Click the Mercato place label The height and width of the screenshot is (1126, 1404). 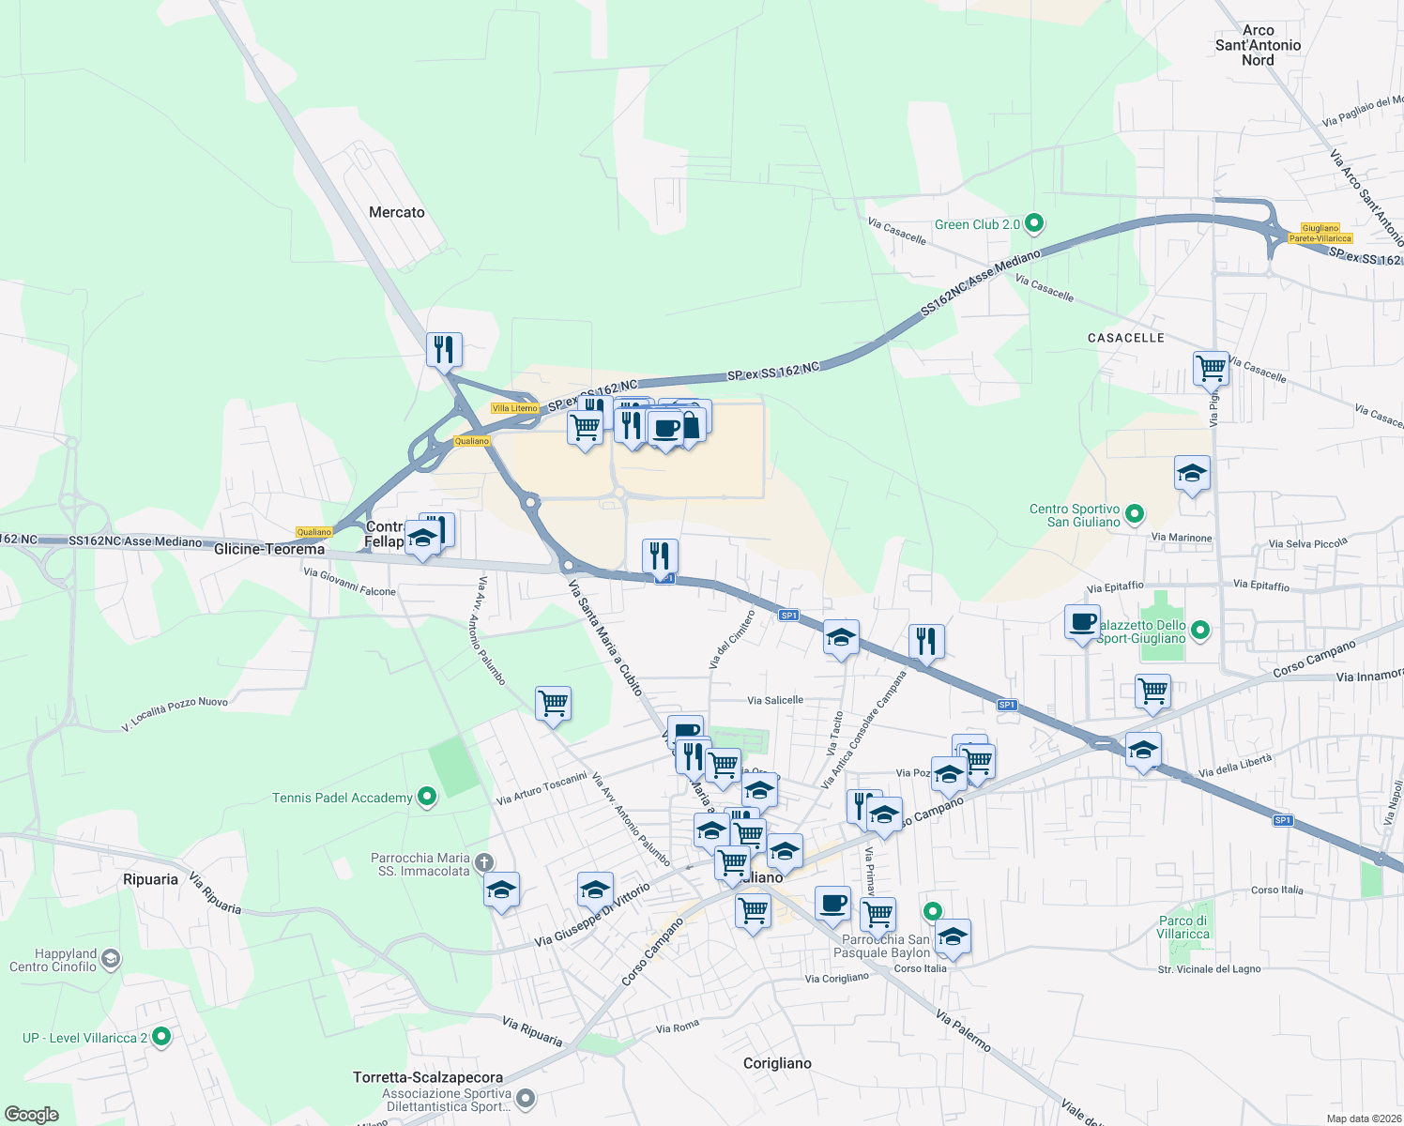pyautogui.click(x=396, y=213)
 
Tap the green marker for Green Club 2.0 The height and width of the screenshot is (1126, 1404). pyautogui.click(x=1034, y=224)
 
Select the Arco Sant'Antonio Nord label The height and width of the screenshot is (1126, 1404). pyautogui.click(x=1258, y=45)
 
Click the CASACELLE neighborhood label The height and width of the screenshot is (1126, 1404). pyautogui.click(x=1125, y=338)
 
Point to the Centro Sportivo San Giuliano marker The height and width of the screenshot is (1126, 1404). pyautogui.click(x=1135, y=514)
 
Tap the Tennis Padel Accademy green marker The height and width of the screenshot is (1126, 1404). pyautogui.click(x=427, y=798)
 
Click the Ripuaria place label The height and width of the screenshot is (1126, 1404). pyautogui.click(x=150, y=879)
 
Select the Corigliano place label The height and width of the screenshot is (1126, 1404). pyautogui.click(x=777, y=1063)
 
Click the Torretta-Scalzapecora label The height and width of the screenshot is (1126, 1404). pyautogui.click(x=428, y=1077)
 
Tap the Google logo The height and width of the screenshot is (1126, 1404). pyautogui.click(x=31, y=1114)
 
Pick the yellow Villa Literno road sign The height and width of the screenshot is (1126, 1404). pyautogui.click(x=515, y=408)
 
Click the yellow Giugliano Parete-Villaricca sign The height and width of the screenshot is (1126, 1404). pyautogui.click(x=1320, y=234)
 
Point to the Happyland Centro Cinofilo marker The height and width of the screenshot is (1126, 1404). pyautogui.click(x=111, y=959)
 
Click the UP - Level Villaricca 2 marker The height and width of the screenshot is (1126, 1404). pyautogui.click(x=161, y=1037)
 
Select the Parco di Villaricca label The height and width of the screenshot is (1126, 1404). pyautogui.click(x=1183, y=927)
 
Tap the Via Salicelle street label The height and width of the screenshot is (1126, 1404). pyautogui.click(x=775, y=700)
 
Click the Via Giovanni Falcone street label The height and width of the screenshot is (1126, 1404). pyautogui.click(x=349, y=582)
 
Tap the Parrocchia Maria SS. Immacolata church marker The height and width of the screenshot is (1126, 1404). pyautogui.click(x=483, y=862)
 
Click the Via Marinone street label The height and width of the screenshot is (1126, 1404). pyautogui.click(x=1182, y=538)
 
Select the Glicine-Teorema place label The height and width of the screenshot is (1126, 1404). pyautogui.click(x=269, y=549)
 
